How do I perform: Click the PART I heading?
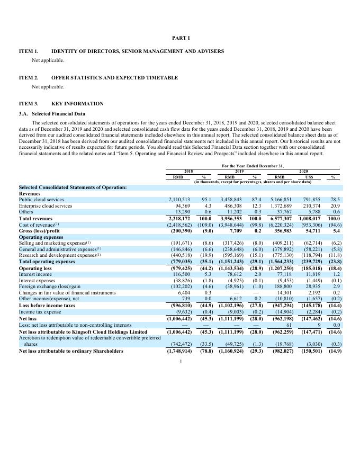tap(181, 38)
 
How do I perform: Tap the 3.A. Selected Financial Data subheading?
tap(58, 113)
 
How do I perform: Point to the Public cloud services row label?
tap(41, 200)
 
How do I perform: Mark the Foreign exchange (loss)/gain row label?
tap(48, 286)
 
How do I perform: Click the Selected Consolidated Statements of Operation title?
tap(73, 187)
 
